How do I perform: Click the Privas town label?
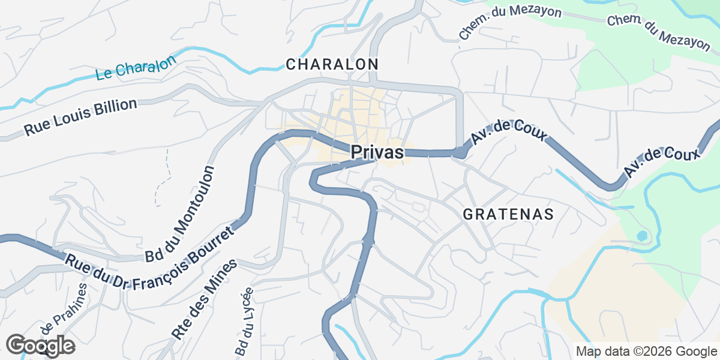coord(377,152)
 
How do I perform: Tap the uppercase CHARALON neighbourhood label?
coord(332,64)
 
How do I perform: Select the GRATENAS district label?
coord(508,214)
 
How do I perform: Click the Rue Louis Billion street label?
coord(80,118)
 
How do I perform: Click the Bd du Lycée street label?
coord(244,321)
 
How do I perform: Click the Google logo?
coord(40,346)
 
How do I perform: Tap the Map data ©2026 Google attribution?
coord(646,351)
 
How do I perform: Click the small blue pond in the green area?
coord(641,236)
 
